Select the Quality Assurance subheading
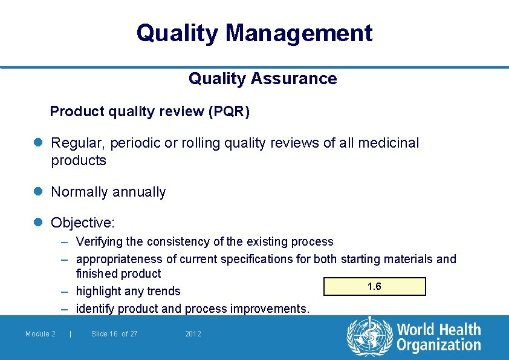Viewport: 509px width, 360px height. tap(262, 79)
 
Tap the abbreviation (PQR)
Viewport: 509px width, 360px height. tap(229, 112)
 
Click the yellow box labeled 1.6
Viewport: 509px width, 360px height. tap(375, 286)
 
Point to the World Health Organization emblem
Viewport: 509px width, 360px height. tap(368, 337)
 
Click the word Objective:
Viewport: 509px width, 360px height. tap(83, 223)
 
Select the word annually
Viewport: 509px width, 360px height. tap(138, 192)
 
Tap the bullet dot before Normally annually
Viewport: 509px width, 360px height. tap(38, 192)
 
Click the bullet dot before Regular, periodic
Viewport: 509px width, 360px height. tap(38, 143)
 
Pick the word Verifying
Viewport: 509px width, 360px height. tap(100, 242)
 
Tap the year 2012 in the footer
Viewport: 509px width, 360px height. tap(193, 334)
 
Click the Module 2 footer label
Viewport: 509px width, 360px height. tap(41, 334)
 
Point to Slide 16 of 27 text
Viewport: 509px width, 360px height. tap(114, 334)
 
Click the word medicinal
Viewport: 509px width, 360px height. tap(388, 143)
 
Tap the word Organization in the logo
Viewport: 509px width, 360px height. tap(438, 345)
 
